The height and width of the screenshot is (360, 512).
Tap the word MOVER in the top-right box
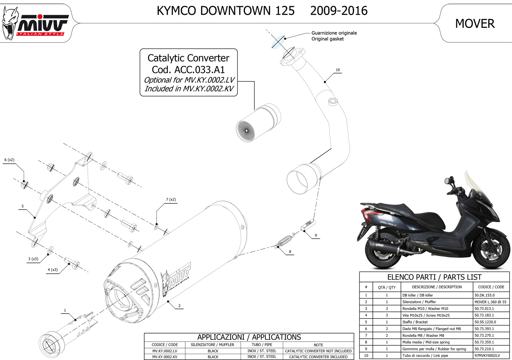475,24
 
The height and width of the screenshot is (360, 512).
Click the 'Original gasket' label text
327,39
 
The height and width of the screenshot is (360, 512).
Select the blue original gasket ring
278,42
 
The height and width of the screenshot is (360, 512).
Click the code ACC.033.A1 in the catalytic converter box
199,69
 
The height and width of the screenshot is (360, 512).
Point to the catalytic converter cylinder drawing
258,123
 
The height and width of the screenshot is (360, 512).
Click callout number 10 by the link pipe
338,70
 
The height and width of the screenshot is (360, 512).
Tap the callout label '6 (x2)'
9,160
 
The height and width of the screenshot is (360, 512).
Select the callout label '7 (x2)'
171,199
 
